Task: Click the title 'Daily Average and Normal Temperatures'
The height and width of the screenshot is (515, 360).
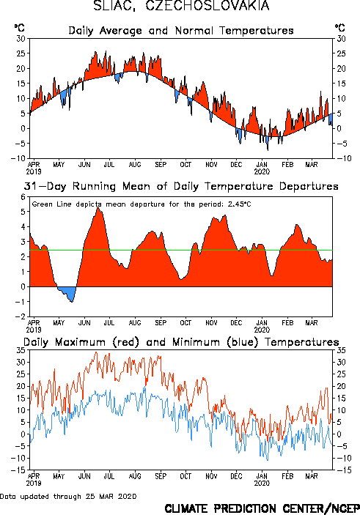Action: [x=181, y=31]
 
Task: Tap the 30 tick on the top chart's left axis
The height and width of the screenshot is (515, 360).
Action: [x=21, y=39]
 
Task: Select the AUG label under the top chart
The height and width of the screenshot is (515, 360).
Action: [x=135, y=164]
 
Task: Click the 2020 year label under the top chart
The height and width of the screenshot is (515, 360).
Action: [x=262, y=171]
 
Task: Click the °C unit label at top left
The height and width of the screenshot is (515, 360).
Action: [x=19, y=27]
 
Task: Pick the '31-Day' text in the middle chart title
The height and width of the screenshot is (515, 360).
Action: [x=45, y=186]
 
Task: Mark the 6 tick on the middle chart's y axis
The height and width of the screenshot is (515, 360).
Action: [x=23, y=197]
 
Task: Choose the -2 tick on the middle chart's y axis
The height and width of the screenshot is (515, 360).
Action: [x=21, y=316]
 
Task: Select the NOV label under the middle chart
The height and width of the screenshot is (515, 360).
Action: [x=211, y=322]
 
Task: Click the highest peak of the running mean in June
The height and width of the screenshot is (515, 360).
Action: [x=98, y=207]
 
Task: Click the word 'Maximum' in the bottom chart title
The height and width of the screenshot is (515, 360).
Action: [x=80, y=342]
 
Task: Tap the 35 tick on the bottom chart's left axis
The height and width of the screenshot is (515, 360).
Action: [x=21, y=350]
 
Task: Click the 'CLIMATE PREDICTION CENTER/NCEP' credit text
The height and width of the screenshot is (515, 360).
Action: [x=262, y=508]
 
